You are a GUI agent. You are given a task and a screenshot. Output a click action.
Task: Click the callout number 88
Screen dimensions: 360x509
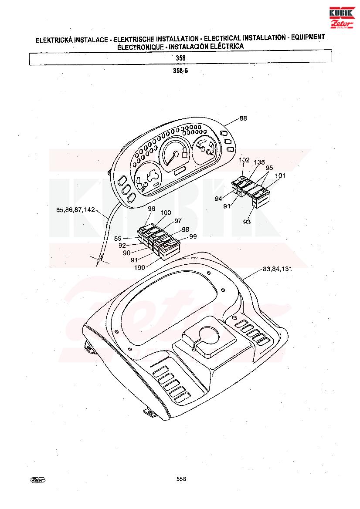[243, 118]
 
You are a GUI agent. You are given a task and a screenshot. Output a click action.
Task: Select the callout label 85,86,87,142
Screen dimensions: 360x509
[75, 210]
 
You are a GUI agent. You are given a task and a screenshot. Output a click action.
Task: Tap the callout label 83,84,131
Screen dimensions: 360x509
[277, 269]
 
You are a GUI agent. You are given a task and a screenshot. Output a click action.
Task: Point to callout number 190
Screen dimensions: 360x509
[140, 268]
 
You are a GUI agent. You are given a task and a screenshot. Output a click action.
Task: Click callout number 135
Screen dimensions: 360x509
[259, 162]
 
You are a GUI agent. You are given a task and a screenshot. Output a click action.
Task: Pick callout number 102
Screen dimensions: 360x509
[245, 160]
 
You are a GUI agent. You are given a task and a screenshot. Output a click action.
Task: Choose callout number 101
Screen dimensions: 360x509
[280, 175]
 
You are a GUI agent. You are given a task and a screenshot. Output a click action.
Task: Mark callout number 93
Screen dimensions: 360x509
[247, 222]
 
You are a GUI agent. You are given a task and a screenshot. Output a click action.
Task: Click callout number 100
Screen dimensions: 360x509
[166, 212]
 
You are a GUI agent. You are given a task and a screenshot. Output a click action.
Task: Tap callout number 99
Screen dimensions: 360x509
[193, 236]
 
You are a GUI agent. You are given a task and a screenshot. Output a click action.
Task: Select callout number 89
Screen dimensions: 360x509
[118, 239]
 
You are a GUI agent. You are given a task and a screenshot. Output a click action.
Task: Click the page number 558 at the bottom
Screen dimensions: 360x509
[181, 479]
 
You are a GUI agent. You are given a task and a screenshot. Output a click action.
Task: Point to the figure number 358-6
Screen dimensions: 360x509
[180, 71]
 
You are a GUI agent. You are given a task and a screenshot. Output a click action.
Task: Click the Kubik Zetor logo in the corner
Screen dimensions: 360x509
[342, 17]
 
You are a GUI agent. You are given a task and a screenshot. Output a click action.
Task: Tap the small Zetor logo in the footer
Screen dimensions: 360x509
[38, 479]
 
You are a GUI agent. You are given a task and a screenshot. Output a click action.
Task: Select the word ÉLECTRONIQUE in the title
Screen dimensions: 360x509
[140, 47]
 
